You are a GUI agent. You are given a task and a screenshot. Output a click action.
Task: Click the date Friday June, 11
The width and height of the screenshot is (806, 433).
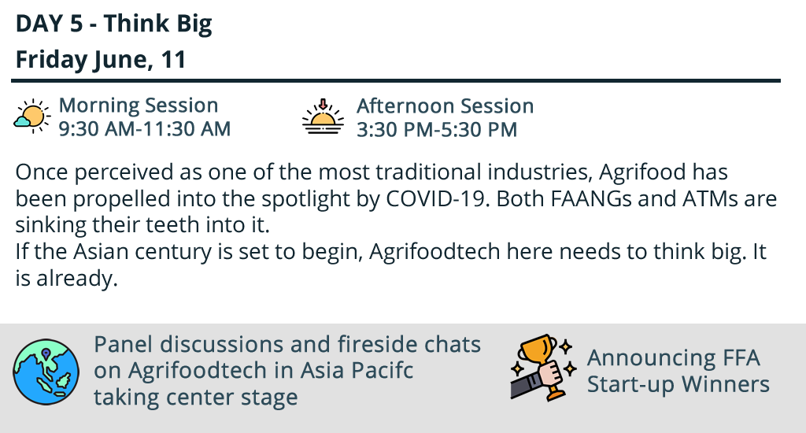tap(101, 59)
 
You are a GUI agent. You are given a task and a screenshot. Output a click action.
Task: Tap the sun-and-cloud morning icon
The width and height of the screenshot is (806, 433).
tap(32, 117)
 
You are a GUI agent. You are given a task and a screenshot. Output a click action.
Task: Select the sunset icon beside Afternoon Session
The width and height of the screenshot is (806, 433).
tap(323, 117)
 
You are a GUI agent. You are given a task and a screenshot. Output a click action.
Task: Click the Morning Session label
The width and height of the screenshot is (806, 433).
tap(139, 105)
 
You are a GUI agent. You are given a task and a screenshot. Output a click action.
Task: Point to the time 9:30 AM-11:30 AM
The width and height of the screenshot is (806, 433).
tap(145, 128)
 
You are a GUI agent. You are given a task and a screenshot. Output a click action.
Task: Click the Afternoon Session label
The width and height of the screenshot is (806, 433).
tap(446, 105)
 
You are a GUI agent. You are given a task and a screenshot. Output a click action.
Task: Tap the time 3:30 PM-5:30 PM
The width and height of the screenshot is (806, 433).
tap(437, 129)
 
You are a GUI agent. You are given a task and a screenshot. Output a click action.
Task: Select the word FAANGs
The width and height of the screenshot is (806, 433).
tap(591, 198)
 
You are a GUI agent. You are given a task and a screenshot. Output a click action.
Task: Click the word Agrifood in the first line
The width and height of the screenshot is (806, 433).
tap(642, 172)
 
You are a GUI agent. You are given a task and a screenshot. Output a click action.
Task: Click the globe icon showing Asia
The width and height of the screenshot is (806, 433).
tap(46, 372)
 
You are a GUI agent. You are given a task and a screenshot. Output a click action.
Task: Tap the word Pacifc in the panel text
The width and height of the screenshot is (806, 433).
tap(383, 370)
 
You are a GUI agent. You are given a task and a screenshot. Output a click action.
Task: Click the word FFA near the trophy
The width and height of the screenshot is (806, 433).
tap(741, 358)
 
